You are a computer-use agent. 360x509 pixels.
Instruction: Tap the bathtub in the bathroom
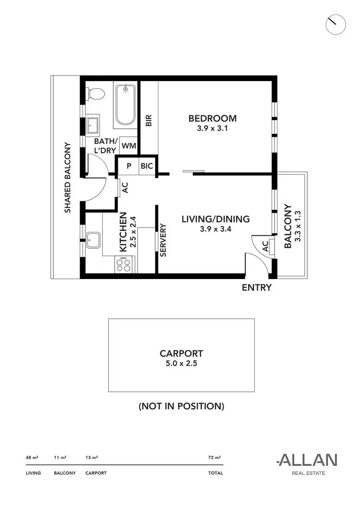pyautogui.click(x=126, y=105)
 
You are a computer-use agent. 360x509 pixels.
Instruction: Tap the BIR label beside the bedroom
pyautogui.click(x=149, y=120)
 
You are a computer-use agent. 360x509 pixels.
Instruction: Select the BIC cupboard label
pyautogui.click(x=147, y=166)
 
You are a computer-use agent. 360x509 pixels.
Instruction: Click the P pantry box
pyautogui.click(x=129, y=166)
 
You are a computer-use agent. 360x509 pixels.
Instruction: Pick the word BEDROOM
pyautogui.click(x=212, y=119)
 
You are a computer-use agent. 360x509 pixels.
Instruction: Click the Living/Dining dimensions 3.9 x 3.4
pyautogui.click(x=216, y=229)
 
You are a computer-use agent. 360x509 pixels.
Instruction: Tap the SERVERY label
pyautogui.click(x=163, y=240)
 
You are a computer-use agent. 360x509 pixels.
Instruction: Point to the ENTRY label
pyautogui.click(x=256, y=288)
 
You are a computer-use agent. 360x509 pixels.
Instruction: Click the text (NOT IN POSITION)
pyautogui.click(x=181, y=406)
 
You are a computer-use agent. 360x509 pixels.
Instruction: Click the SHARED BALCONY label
pyautogui.click(x=68, y=177)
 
